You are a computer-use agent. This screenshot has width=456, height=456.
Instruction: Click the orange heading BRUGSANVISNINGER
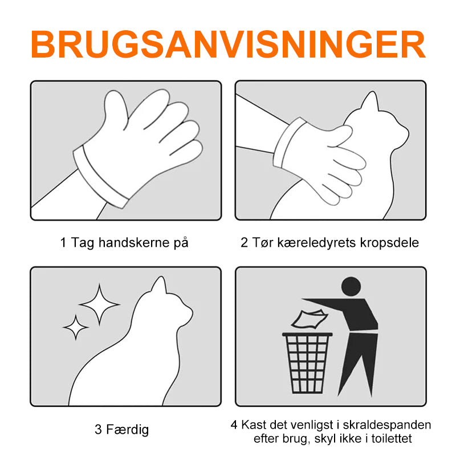[228, 44]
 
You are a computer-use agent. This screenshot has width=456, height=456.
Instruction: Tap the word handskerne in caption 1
[134, 242]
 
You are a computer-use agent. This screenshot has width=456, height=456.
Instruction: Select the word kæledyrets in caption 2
[316, 243]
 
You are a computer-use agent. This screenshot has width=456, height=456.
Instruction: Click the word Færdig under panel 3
[127, 430]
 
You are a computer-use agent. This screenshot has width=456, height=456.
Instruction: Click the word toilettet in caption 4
[392, 438]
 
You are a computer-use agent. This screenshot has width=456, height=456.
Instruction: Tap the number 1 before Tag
[63, 243]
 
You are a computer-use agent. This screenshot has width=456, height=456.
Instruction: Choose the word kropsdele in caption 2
[389, 243]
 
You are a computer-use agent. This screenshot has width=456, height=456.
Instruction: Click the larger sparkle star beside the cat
[99, 304]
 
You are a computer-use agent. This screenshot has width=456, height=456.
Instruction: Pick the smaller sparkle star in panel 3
[76, 327]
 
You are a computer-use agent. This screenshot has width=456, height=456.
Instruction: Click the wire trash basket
[307, 363]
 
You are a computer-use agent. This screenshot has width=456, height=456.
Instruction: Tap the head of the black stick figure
[351, 287]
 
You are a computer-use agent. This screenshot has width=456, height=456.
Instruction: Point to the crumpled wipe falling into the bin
[310, 319]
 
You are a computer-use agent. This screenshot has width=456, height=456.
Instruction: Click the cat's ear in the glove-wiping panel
[370, 101]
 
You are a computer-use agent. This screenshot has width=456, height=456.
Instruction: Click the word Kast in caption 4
[254, 425]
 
